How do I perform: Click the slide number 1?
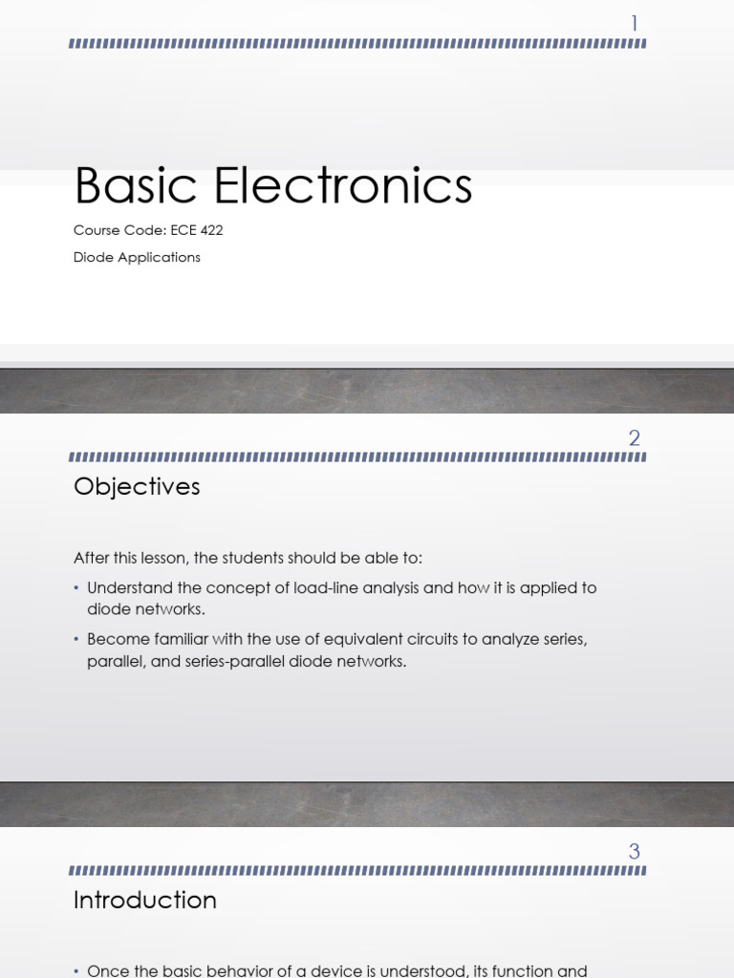pyautogui.click(x=634, y=24)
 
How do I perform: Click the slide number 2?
pyautogui.click(x=634, y=438)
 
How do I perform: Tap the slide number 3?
pyautogui.click(x=634, y=851)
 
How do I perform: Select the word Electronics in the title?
pyautogui.click(x=343, y=185)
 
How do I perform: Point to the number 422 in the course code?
pyautogui.click(x=211, y=230)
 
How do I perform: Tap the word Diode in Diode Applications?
pyautogui.click(x=93, y=257)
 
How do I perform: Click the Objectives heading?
pyautogui.click(x=137, y=486)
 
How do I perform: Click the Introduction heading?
pyautogui.click(x=145, y=900)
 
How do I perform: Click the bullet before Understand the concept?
pyautogui.click(x=77, y=588)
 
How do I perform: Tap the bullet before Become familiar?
pyautogui.click(x=77, y=639)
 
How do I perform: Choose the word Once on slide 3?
pyautogui.click(x=106, y=970)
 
